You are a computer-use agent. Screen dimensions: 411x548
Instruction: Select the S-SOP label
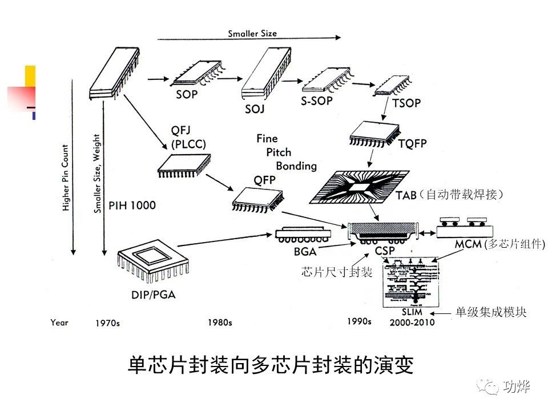(x=316, y=100)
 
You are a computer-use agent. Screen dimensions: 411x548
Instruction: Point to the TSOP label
(x=406, y=103)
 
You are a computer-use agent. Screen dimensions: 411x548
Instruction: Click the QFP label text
(x=265, y=180)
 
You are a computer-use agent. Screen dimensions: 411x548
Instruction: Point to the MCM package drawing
(x=465, y=227)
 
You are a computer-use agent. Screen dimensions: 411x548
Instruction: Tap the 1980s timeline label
(x=220, y=323)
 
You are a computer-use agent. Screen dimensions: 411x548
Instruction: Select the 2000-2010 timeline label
(x=412, y=323)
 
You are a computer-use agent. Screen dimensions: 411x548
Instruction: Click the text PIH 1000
(x=132, y=205)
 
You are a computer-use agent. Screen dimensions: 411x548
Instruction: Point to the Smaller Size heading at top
(x=252, y=33)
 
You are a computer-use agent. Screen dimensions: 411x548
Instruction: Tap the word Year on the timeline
(x=59, y=323)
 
